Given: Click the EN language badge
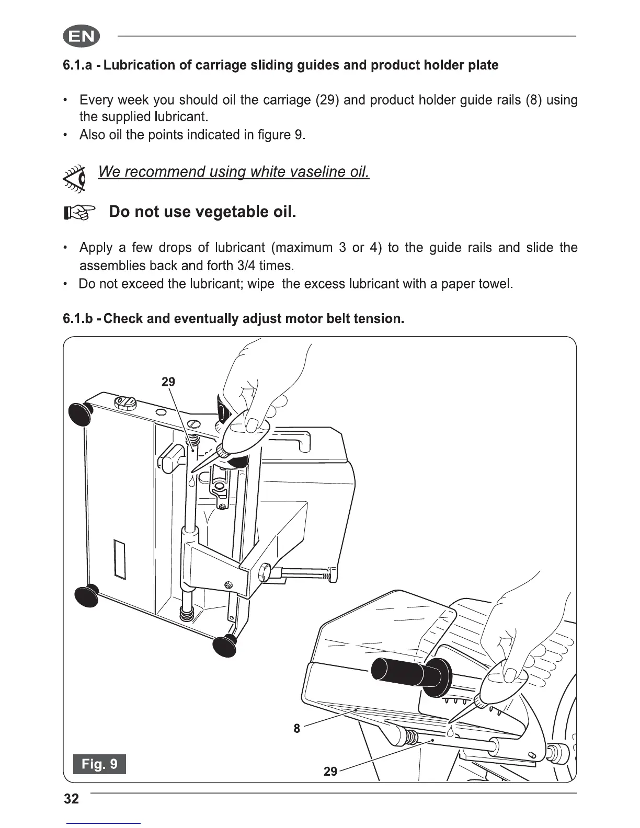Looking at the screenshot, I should click(x=81, y=37).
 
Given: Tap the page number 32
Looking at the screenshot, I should click(x=71, y=799).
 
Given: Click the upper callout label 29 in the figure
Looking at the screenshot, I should click(x=168, y=382).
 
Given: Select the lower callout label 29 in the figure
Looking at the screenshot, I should click(x=330, y=772).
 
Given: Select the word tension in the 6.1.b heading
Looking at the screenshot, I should click(x=378, y=319).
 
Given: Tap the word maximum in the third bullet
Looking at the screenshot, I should click(x=302, y=247).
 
